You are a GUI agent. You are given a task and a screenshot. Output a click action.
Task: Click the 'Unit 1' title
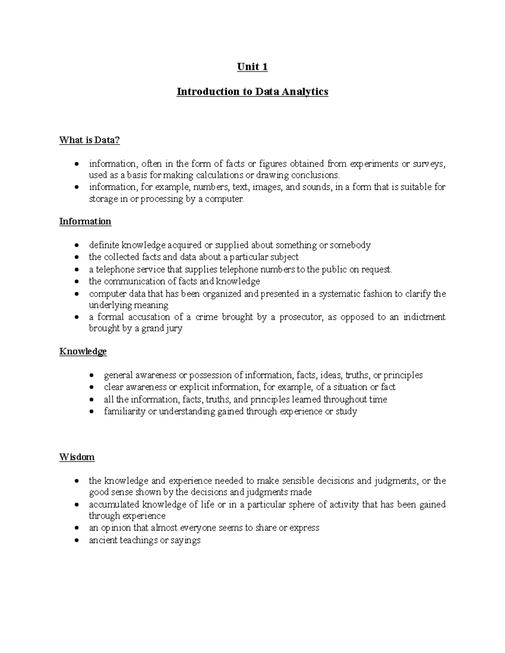[252, 67]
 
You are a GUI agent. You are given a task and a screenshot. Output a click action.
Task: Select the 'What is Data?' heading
[89, 140]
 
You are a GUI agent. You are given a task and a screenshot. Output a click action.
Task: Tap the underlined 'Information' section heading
[85, 222]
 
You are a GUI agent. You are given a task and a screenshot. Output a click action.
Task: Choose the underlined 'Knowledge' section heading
[83, 352]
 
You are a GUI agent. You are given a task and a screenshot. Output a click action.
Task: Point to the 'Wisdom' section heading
[77, 457]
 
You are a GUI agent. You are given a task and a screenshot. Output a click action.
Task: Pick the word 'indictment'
[424, 317]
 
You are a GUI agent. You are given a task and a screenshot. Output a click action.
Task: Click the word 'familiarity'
[124, 411]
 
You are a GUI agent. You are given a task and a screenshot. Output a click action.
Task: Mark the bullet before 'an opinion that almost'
[76, 528]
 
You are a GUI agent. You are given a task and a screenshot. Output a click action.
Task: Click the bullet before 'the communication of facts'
[76, 281]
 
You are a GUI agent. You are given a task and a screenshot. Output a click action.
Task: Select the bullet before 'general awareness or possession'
[91, 375]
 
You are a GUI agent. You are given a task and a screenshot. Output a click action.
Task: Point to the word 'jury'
[174, 328]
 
